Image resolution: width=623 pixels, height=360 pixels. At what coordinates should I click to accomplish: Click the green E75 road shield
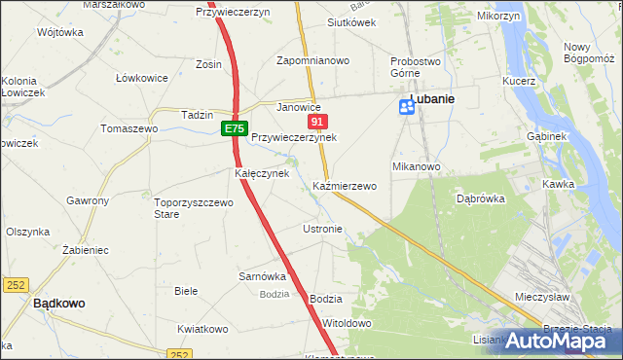[234, 128]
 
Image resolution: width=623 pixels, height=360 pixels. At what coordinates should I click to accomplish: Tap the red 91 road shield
[317, 122]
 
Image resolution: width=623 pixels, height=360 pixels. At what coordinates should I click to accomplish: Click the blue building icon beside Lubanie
[406, 108]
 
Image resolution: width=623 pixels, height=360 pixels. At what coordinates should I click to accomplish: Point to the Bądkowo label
[58, 303]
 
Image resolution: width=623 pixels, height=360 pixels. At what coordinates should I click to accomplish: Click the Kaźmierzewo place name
[345, 185]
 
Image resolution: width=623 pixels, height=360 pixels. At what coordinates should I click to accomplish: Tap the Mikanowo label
[417, 166]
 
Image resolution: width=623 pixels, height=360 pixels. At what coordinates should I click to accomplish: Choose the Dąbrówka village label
[479, 198]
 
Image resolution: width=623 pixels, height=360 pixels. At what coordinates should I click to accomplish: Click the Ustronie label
[322, 229]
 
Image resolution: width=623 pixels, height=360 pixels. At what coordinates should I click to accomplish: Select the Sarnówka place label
[262, 276]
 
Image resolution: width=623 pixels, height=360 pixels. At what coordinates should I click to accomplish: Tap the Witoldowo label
[348, 323]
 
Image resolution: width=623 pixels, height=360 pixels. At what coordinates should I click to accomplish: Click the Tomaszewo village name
[129, 128]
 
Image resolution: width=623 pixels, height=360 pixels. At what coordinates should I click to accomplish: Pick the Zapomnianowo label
[312, 60]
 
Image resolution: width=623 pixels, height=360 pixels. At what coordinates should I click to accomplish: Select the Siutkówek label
[351, 22]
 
